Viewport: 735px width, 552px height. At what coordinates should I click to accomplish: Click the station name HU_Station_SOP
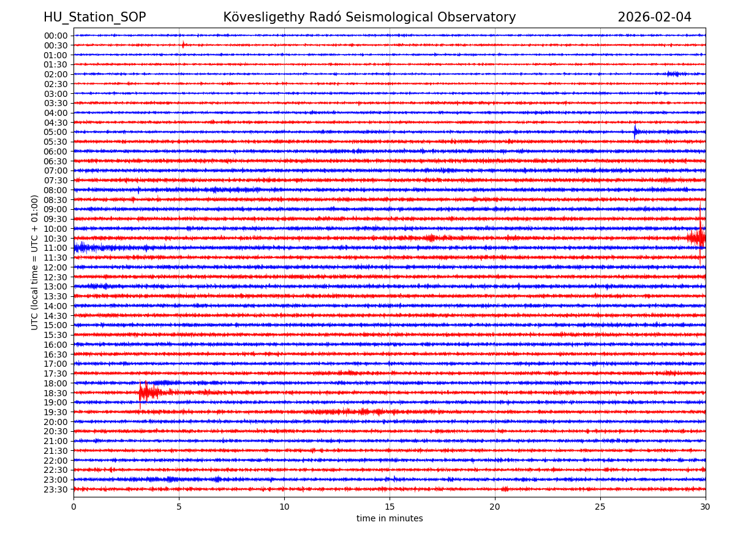pos(94,17)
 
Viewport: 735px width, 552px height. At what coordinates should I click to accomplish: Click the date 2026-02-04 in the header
pos(654,17)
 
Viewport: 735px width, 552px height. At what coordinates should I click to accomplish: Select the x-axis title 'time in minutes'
pos(390,519)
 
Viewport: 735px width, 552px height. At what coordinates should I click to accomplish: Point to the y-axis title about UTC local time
pos(35,262)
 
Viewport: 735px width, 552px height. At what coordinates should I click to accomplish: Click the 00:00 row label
pos(56,36)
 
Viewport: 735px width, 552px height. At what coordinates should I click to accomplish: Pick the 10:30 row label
pos(56,239)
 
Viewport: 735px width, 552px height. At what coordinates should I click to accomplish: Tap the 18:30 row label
pos(56,393)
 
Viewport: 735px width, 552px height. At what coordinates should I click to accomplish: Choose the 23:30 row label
pos(56,489)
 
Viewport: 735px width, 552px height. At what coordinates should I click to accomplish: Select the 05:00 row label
pos(56,132)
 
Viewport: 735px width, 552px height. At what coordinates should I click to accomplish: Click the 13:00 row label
pos(56,286)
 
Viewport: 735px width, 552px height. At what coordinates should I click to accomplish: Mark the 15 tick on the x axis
pos(390,507)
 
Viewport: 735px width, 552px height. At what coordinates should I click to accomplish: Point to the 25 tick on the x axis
pos(600,507)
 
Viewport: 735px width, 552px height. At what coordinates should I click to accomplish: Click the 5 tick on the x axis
pos(179,507)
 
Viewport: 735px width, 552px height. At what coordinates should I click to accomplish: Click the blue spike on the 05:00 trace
pos(635,131)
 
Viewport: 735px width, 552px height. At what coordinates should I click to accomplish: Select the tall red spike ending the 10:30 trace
pos(700,236)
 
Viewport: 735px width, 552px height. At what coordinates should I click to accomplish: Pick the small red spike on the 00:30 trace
pos(183,44)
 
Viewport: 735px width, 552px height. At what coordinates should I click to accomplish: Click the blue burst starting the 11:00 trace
pos(83,248)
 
